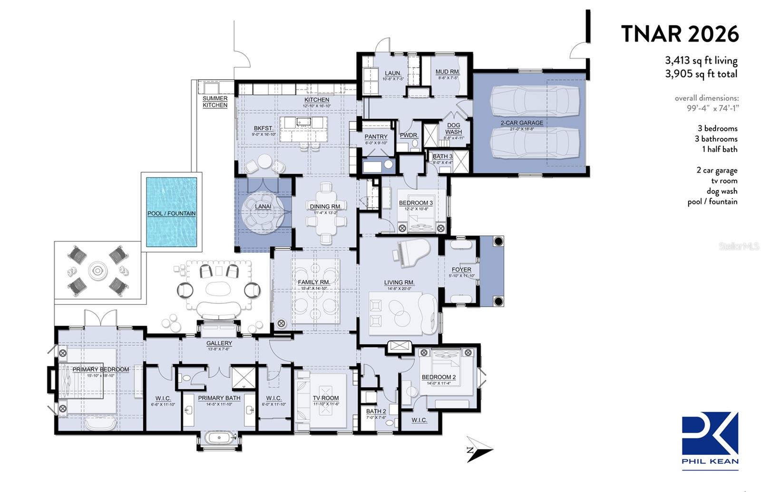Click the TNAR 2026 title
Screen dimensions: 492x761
(x=680, y=34)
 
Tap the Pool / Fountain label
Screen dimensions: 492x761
(x=171, y=213)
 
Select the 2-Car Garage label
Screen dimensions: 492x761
(x=521, y=123)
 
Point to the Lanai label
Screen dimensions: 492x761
(x=263, y=206)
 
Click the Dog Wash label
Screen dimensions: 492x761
(x=453, y=129)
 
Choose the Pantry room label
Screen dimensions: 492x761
(x=376, y=136)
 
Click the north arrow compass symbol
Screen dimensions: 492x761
(x=479, y=449)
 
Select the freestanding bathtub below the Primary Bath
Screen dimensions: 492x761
(x=219, y=437)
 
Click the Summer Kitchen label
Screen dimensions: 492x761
(x=215, y=102)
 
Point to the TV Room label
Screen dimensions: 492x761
(x=326, y=398)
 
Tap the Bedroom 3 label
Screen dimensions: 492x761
(x=416, y=203)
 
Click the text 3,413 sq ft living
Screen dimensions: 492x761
(x=701, y=61)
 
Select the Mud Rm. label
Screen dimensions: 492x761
(x=447, y=72)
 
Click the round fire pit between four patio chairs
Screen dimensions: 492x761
(x=98, y=271)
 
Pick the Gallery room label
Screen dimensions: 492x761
(x=219, y=343)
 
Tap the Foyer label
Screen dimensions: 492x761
(x=461, y=270)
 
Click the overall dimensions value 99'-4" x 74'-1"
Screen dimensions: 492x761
(x=712, y=108)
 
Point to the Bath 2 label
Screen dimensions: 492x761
(x=376, y=411)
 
